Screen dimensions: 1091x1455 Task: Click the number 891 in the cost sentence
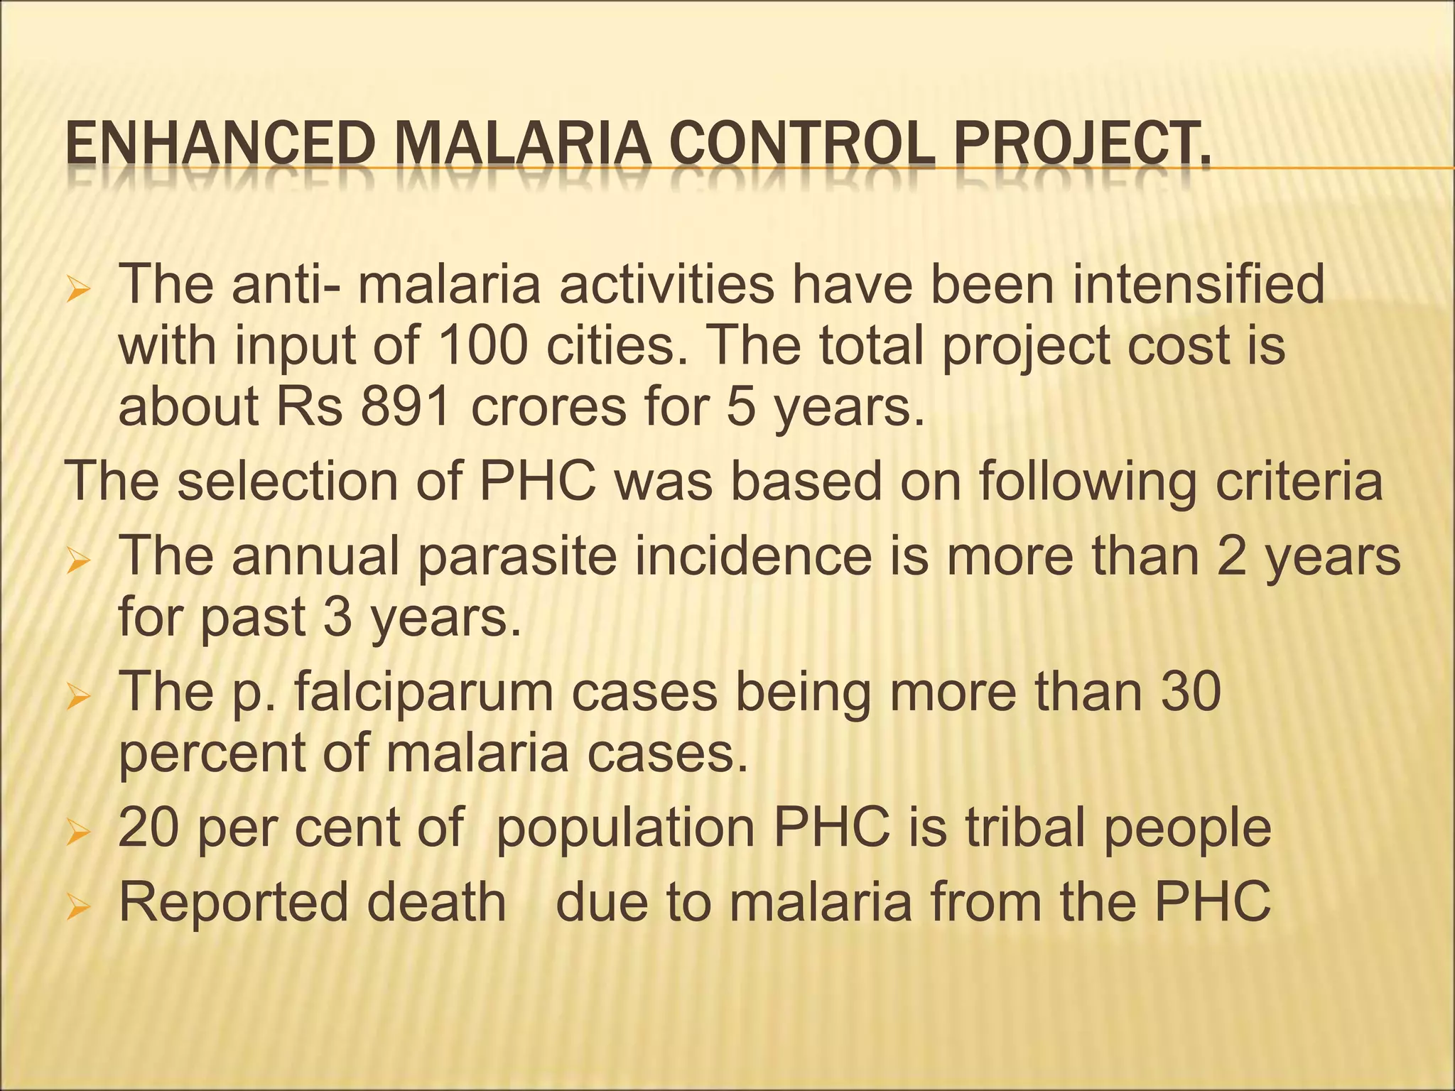(x=405, y=408)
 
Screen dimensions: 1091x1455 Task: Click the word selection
(x=288, y=482)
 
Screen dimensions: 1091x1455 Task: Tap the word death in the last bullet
(x=437, y=902)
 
